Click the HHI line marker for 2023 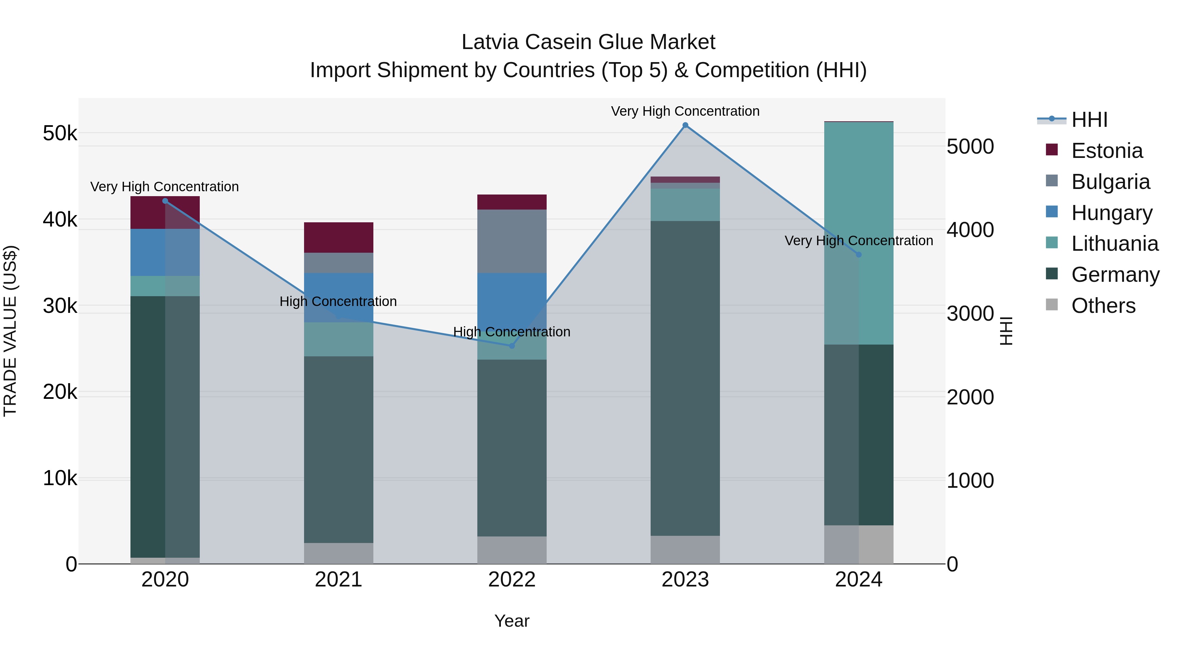pos(685,125)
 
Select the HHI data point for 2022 pos(512,346)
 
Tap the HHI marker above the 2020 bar pos(165,201)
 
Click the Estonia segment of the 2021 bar pos(339,238)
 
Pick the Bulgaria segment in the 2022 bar pos(512,241)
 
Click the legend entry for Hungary pos(1111,213)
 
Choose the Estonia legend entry pos(1107,151)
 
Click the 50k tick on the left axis pos(60,133)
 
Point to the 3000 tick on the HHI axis pos(970,314)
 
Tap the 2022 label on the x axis pos(512,580)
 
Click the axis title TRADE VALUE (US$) pos(10,331)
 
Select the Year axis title pos(512,621)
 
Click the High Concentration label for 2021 pos(338,301)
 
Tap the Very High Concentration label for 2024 pos(859,241)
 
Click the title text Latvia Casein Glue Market pos(588,42)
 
